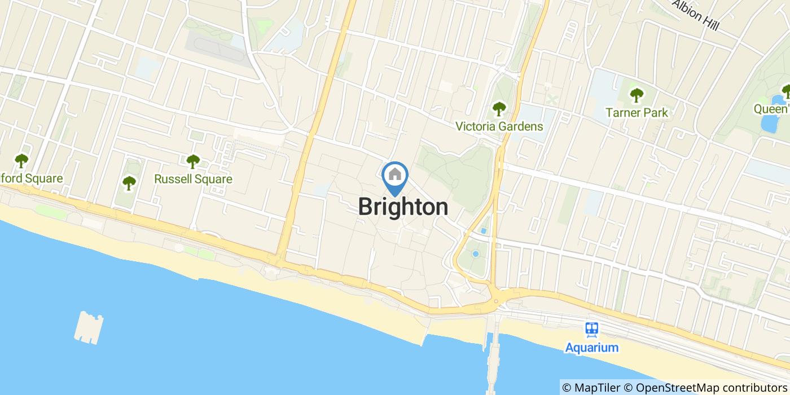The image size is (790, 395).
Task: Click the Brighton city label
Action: (x=403, y=207)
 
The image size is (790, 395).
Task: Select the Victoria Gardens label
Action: (x=499, y=126)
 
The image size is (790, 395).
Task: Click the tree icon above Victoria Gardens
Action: (x=499, y=108)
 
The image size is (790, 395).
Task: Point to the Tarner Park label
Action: (x=637, y=112)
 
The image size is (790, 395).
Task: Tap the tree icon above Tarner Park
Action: (x=637, y=94)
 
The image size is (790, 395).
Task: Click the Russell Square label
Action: (x=193, y=179)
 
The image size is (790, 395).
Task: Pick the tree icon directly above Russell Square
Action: (x=193, y=161)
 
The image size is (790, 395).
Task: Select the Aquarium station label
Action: (x=592, y=347)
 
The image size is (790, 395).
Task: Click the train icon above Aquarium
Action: (x=592, y=328)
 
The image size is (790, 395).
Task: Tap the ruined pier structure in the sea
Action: (x=89, y=327)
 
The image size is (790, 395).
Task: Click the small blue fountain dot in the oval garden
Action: (x=475, y=254)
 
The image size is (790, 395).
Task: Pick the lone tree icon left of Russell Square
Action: (x=129, y=182)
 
